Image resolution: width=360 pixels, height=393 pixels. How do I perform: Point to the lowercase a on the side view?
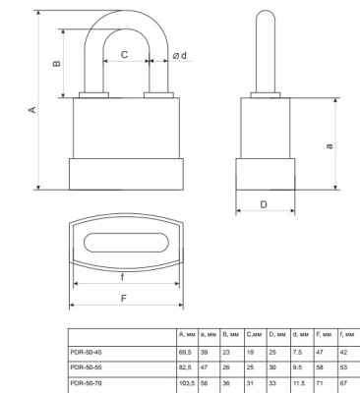[329, 145]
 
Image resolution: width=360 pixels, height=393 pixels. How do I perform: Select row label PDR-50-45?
[92, 349]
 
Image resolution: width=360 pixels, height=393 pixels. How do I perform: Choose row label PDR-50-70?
[92, 379]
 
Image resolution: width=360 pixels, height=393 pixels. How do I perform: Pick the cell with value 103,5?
[187, 379]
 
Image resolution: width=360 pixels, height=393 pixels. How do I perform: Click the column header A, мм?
[187, 335]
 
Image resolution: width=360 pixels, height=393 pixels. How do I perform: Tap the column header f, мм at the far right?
[345, 335]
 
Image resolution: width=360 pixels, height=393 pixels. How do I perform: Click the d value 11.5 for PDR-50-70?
[299, 379]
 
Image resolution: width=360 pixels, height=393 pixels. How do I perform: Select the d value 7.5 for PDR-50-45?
[297, 349]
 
